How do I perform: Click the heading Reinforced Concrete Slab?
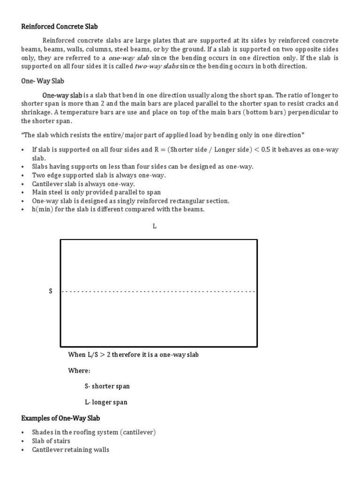[60, 27]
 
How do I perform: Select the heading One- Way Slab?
[43, 81]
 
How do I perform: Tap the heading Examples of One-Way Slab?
[60, 418]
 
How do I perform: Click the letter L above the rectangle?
[154, 226]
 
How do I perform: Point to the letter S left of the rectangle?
[51, 292]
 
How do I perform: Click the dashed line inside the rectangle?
[158, 292]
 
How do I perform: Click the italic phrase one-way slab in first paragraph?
[128, 58]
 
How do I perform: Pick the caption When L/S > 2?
[133, 355]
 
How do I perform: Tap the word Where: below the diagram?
[79, 371]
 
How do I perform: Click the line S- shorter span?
[107, 386]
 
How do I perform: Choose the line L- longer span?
[105, 402]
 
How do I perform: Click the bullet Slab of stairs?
[51, 441]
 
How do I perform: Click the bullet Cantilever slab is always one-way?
[83, 184]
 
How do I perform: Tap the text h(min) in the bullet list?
[41, 210]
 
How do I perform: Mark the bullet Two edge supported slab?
[98, 175]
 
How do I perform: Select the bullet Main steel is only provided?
[96, 193]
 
